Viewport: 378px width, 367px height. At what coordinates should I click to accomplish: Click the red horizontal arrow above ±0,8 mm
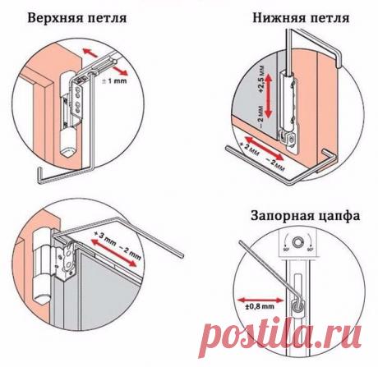pos(252,295)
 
